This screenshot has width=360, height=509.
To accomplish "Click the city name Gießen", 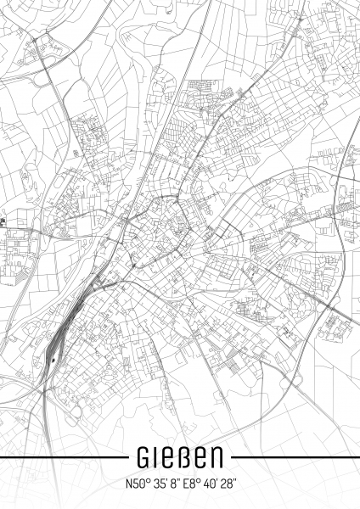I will pyautogui.click(x=180, y=459).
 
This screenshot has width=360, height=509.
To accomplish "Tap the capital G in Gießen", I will pyautogui.click(x=144, y=459).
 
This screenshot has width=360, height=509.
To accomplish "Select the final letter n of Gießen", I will pyautogui.click(x=217, y=459).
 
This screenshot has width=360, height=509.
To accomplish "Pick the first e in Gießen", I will pyautogui.click(x=168, y=459).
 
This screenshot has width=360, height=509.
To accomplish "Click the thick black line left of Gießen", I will pyautogui.click(x=59, y=459).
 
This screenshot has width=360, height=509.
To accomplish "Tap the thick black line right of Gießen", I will pyautogui.click(x=297, y=459).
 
